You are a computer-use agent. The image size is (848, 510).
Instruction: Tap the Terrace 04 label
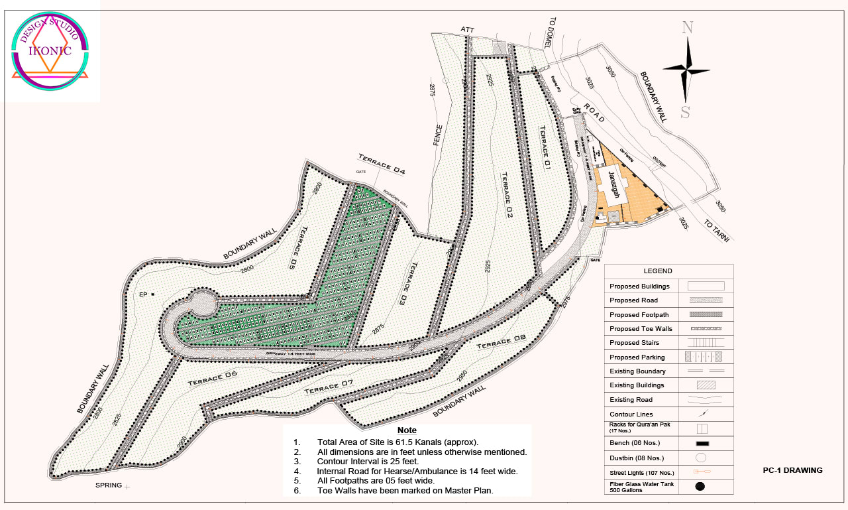[x=382, y=164]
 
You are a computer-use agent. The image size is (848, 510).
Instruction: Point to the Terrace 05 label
[x=294, y=247]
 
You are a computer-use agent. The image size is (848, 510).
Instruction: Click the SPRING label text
[x=109, y=485]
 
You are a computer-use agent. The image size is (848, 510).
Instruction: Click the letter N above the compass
[x=688, y=28]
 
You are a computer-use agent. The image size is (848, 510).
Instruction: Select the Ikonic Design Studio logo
[x=50, y=51]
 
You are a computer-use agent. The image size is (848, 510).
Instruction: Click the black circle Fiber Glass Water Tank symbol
[x=700, y=486]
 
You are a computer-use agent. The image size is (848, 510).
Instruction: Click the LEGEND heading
[x=657, y=271]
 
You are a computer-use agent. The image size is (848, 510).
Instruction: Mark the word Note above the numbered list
[x=407, y=430]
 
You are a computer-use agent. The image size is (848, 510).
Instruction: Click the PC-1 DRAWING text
[x=792, y=470]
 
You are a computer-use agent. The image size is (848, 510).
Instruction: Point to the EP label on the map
[x=142, y=294]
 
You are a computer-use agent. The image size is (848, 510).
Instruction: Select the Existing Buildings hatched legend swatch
[x=706, y=385]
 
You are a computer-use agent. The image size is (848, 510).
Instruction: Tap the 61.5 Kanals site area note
[x=397, y=442]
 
